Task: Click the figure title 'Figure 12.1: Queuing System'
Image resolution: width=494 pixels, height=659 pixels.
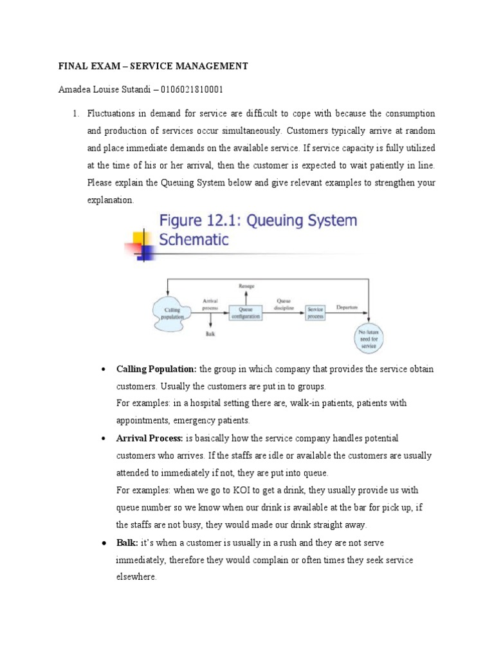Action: click(257, 221)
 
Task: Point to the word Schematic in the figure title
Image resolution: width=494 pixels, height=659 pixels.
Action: click(193, 240)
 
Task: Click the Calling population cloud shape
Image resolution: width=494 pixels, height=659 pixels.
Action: click(172, 313)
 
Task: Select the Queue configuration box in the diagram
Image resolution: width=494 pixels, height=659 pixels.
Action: click(248, 313)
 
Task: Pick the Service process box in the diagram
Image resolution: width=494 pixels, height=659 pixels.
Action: click(315, 312)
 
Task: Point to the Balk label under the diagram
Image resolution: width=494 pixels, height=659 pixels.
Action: click(210, 333)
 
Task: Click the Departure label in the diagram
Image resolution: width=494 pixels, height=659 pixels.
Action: click(347, 308)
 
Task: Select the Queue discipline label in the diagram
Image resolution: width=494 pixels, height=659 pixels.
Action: click(284, 304)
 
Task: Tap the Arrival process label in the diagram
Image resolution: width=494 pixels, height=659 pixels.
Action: click(210, 304)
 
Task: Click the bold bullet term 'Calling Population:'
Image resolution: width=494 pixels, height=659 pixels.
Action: click(157, 369)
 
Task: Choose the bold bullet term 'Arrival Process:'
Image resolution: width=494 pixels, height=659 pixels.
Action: click(150, 438)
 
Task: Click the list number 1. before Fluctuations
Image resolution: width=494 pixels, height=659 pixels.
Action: click(75, 113)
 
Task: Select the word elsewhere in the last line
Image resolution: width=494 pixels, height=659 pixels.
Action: click(136, 577)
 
